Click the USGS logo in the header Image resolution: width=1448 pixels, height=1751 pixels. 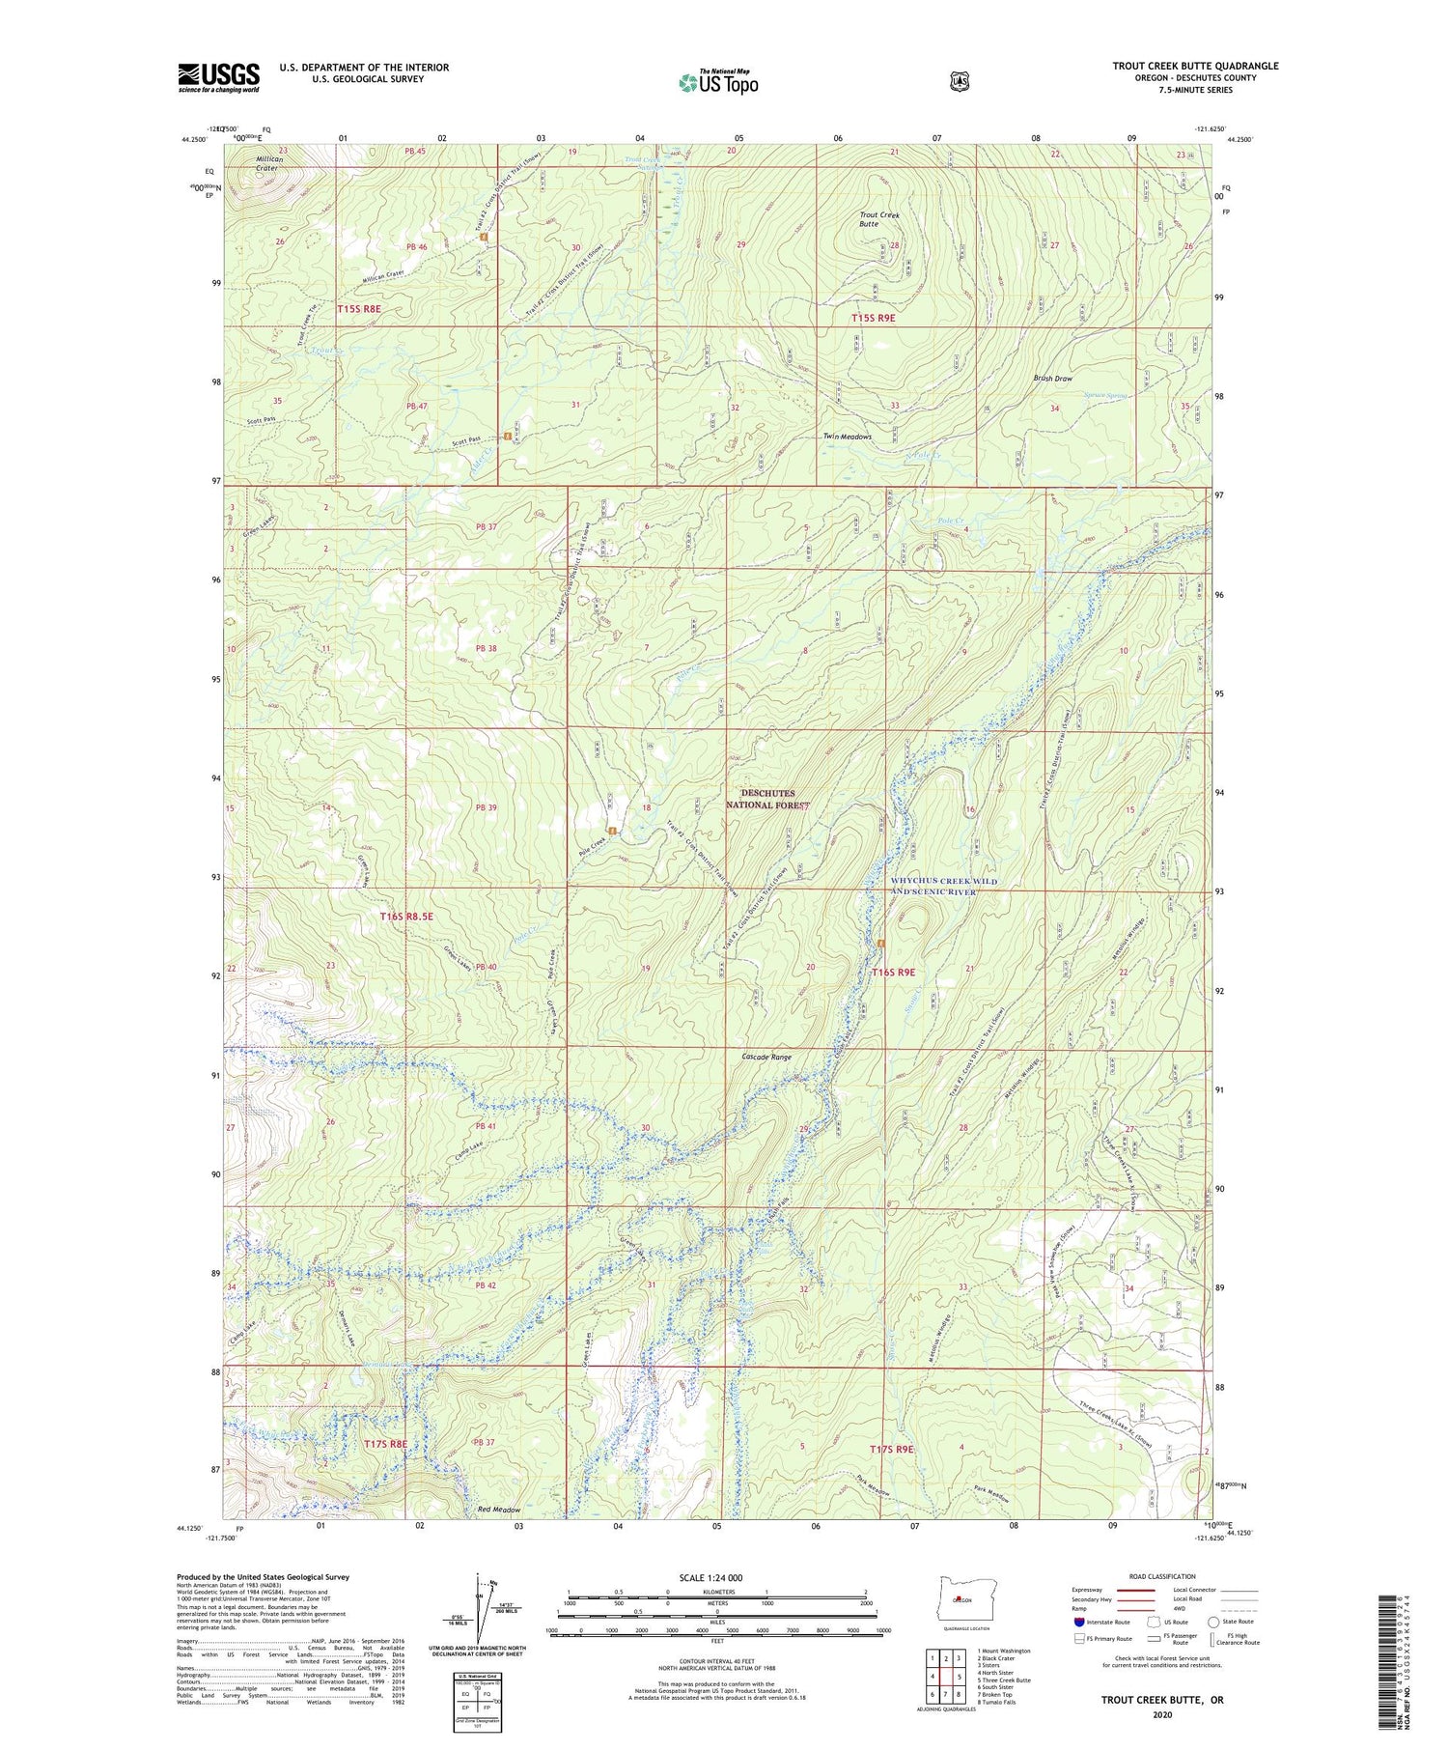point(218,77)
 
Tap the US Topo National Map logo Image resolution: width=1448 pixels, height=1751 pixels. point(718,81)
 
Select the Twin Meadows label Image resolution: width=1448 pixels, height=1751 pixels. point(847,437)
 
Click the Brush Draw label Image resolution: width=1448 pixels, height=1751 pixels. point(1052,379)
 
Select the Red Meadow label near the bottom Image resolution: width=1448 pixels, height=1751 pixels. point(499,1510)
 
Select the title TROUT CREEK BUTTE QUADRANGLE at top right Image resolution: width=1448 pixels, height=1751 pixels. point(1195,66)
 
